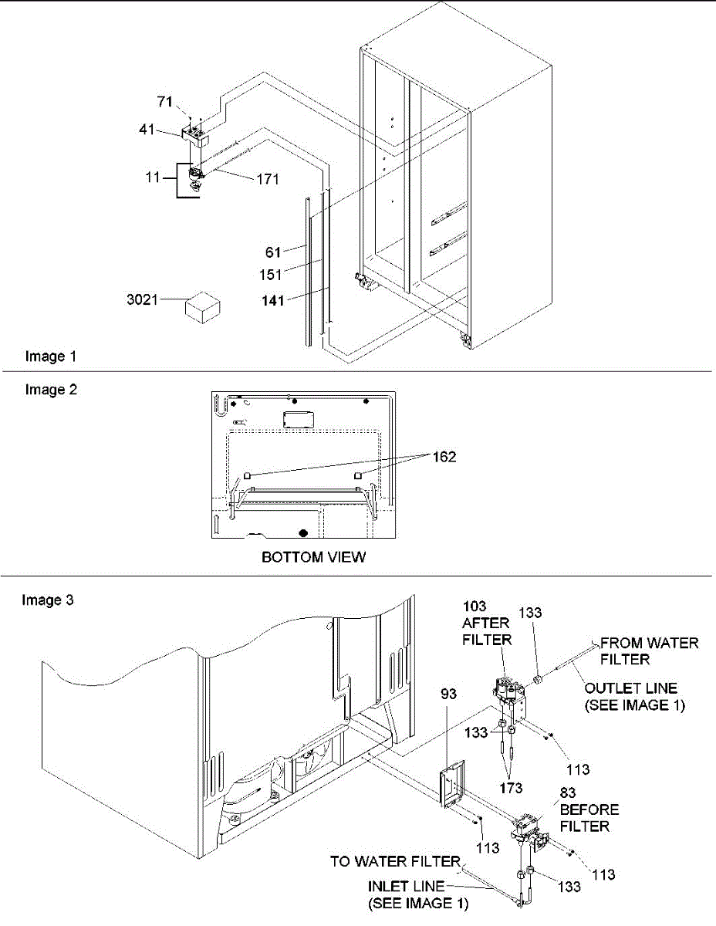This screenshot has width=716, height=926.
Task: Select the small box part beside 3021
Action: (199, 309)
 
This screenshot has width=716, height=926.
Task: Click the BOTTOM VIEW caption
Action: (313, 556)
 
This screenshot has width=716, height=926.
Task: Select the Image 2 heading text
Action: (51, 390)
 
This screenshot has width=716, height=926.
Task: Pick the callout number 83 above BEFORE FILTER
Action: (570, 794)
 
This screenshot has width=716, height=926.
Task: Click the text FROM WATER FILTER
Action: (649, 651)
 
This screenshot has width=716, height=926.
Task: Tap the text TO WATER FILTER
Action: (395, 860)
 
